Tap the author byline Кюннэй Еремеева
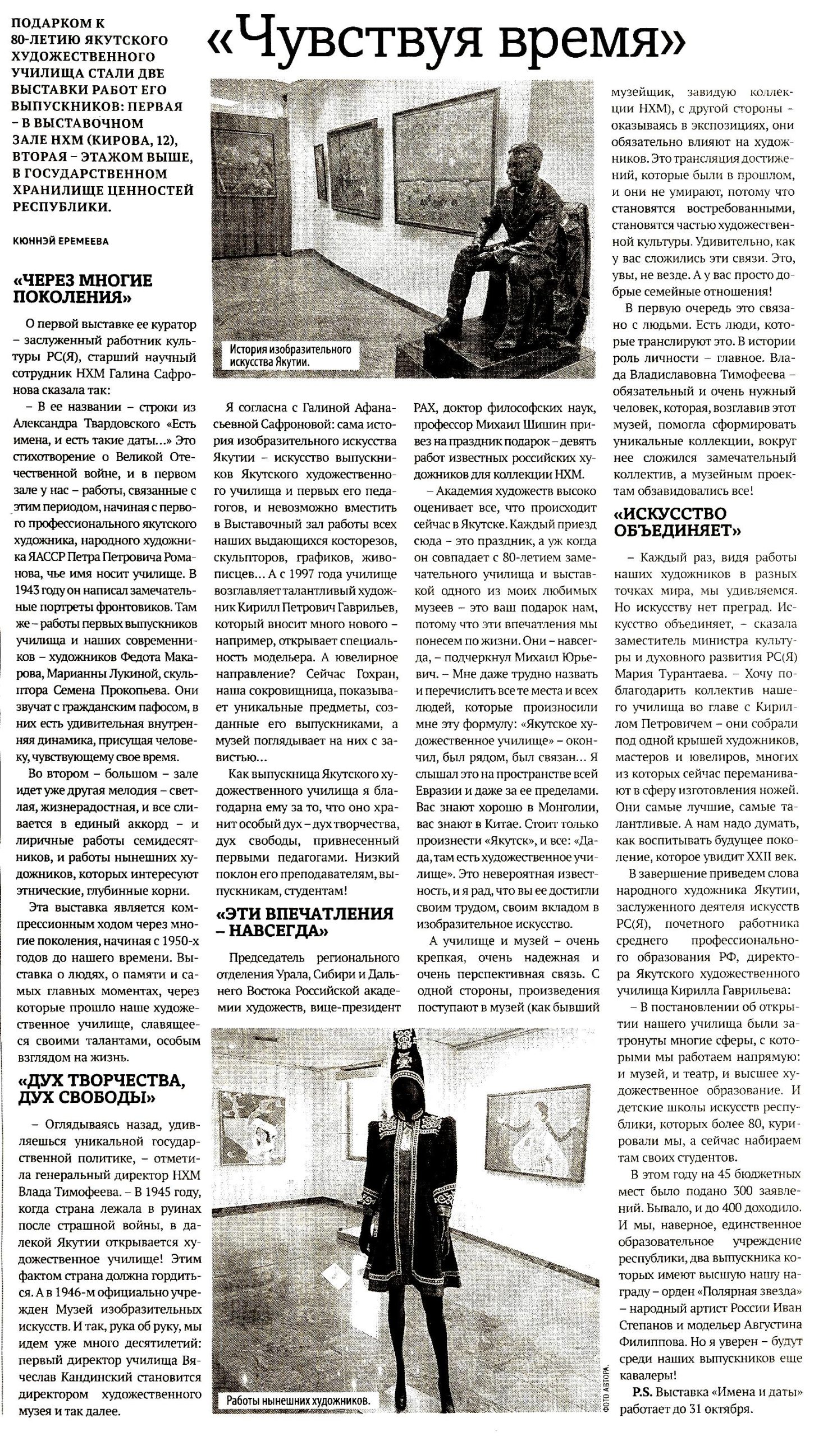point(60,241)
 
